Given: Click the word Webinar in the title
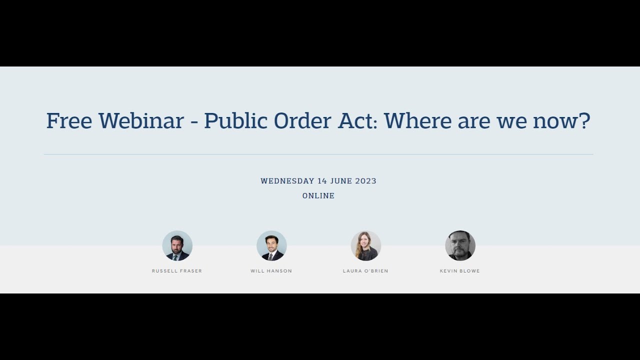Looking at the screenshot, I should pyautogui.click(x=141, y=121).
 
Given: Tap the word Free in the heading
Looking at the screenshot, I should pyautogui.click(x=69, y=121).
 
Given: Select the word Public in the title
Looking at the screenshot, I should pyautogui.click(x=235, y=121).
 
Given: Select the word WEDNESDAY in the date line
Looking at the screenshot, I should pyautogui.click(x=287, y=181).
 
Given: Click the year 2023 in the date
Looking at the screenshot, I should pyautogui.click(x=366, y=181).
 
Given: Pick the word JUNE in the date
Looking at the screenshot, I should pyautogui.click(x=341, y=181).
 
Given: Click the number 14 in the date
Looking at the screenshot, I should pyautogui.click(x=322, y=181).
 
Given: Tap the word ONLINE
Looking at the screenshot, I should pyautogui.click(x=318, y=196).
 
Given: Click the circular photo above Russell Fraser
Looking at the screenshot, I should pyautogui.click(x=177, y=245).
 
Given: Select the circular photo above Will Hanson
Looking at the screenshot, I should pyautogui.click(x=271, y=245).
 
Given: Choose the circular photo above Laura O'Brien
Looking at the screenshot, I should pyautogui.click(x=365, y=245).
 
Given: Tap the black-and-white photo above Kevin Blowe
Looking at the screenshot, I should pyautogui.click(x=460, y=245).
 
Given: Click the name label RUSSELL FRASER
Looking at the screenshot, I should pyautogui.click(x=177, y=271).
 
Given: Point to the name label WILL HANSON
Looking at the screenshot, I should pyautogui.click(x=271, y=271).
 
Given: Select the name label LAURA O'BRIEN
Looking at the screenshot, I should pyautogui.click(x=365, y=271).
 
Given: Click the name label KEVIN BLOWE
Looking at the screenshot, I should pyautogui.click(x=460, y=271).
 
